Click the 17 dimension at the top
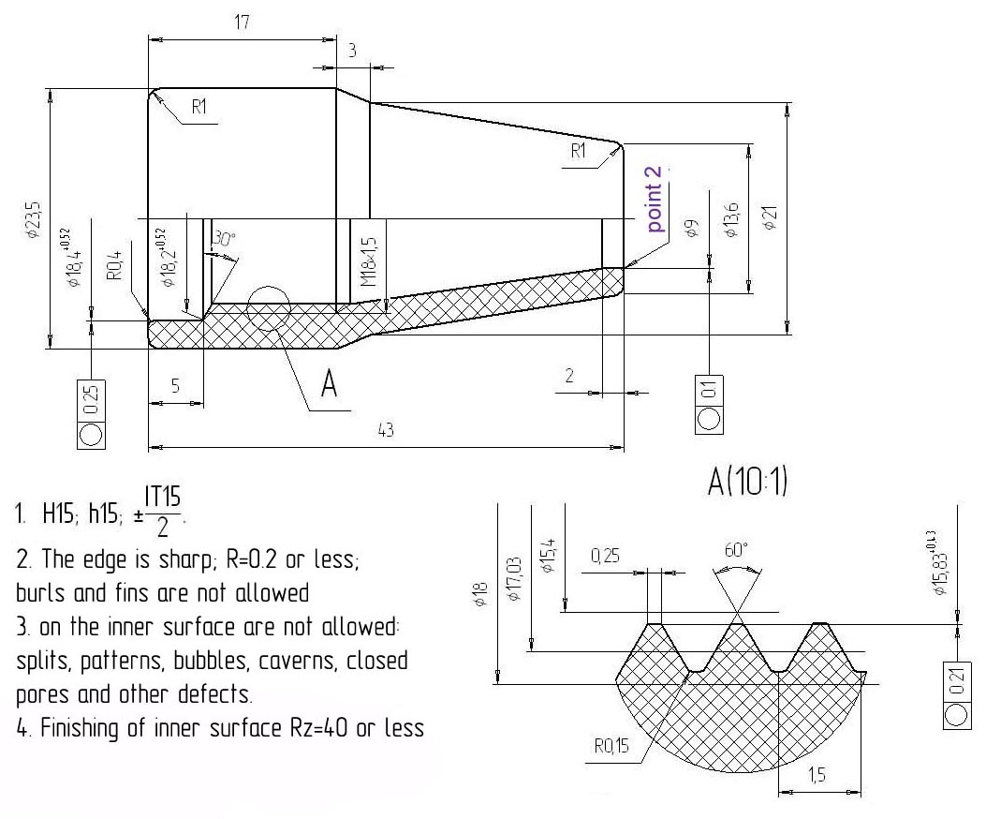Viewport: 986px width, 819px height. pyautogui.click(x=242, y=22)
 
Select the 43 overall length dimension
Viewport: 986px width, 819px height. pyautogui.click(x=385, y=429)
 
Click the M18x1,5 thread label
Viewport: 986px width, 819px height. pyautogui.click(x=369, y=262)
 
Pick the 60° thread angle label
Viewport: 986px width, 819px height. pyautogui.click(x=738, y=550)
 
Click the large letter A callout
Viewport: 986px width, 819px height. pyautogui.click(x=329, y=383)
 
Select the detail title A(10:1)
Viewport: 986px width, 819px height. pyautogui.click(x=747, y=483)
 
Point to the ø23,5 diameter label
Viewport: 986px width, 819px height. pyautogui.click(x=33, y=222)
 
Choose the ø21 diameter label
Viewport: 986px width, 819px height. pyautogui.click(x=770, y=218)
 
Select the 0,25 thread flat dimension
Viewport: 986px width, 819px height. pyautogui.click(x=610, y=558)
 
